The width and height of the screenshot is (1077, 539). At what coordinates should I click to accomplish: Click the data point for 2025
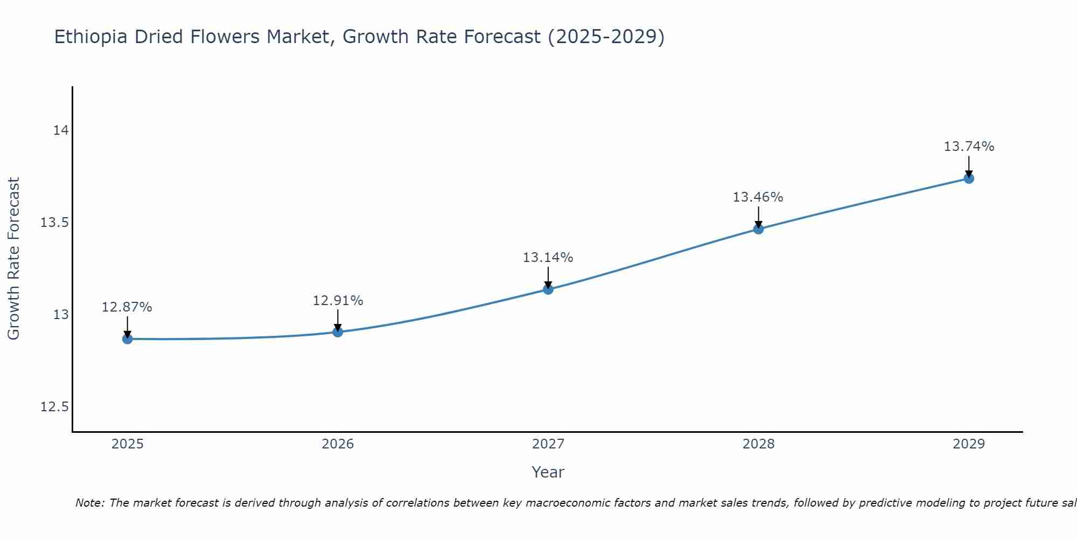pyautogui.click(x=128, y=339)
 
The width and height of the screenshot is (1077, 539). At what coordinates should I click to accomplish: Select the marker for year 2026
pyautogui.click(x=338, y=331)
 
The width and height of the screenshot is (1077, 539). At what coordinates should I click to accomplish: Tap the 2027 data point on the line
pyautogui.click(x=548, y=289)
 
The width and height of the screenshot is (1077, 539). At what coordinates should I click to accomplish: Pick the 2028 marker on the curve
pyautogui.click(x=758, y=229)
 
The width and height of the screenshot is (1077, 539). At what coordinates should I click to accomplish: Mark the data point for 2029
pyautogui.click(x=969, y=178)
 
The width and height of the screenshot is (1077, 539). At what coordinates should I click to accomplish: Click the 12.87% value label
pyautogui.click(x=127, y=307)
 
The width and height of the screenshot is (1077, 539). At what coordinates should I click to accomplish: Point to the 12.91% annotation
pyautogui.click(x=338, y=301)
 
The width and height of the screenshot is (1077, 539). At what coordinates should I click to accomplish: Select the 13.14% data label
pyautogui.click(x=548, y=258)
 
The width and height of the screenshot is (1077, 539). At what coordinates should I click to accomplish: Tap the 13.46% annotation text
pyautogui.click(x=758, y=197)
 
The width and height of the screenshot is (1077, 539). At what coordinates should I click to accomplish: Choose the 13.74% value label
pyautogui.click(x=969, y=147)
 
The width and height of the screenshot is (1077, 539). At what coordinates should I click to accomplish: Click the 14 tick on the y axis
pyautogui.click(x=61, y=130)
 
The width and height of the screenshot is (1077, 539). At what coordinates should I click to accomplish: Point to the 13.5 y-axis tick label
pyautogui.click(x=55, y=223)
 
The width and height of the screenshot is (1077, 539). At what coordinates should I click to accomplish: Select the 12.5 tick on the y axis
pyautogui.click(x=55, y=406)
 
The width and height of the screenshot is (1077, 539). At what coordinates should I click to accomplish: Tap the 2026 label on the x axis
pyautogui.click(x=338, y=444)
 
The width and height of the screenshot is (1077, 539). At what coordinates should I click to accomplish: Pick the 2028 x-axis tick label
pyautogui.click(x=758, y=444)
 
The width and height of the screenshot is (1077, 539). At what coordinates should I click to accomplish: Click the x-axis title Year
pyautogui.click(x=548, y=472)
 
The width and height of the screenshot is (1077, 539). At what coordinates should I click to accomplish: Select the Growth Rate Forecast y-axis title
pyautogui.click(x=13, y=258)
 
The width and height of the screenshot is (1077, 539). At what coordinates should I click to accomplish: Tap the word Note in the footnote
pyautogui.click(x=89, y=503)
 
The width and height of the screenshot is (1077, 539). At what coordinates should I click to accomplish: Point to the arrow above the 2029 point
pyautogui.click(x=969, y=166)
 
